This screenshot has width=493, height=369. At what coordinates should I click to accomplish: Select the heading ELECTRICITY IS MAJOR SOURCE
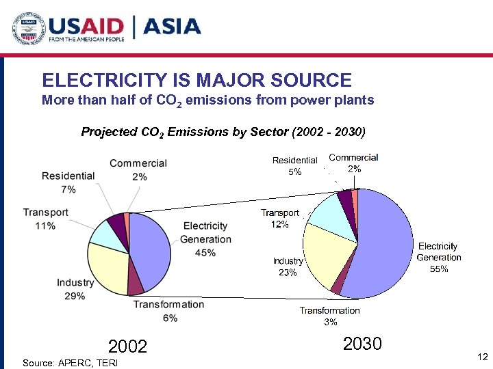197,81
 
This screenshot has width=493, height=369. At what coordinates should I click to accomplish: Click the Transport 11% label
45,219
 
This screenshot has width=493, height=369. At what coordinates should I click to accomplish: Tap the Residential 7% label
68,182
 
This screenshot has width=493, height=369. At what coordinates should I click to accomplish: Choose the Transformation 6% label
168,311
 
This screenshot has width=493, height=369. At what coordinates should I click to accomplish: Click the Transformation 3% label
329,316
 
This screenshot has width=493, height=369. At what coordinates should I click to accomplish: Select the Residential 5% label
294,166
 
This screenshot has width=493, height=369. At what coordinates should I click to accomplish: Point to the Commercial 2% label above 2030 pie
353,163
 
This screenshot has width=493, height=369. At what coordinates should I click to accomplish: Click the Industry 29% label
75,289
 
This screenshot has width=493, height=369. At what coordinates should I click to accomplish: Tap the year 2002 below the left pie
128,346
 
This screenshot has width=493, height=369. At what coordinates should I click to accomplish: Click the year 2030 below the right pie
362,344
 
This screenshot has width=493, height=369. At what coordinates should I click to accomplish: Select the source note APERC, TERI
60,361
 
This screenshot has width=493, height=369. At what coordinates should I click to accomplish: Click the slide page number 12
481,357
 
